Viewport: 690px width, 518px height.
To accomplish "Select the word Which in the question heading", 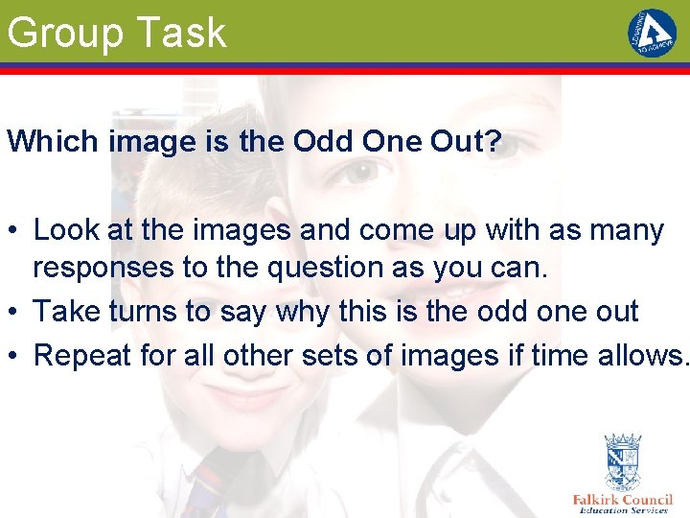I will click(x=54, y=141).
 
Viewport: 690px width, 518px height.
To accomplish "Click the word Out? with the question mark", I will click(x=465, y=141).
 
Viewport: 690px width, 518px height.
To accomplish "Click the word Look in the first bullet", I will click(x=63, y=230).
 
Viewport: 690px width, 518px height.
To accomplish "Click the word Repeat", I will click(x=81, y=355).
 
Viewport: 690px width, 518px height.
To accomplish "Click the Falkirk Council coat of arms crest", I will click(x=622, y=461).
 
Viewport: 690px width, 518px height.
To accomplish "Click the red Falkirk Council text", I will click(x=622, y=500).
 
